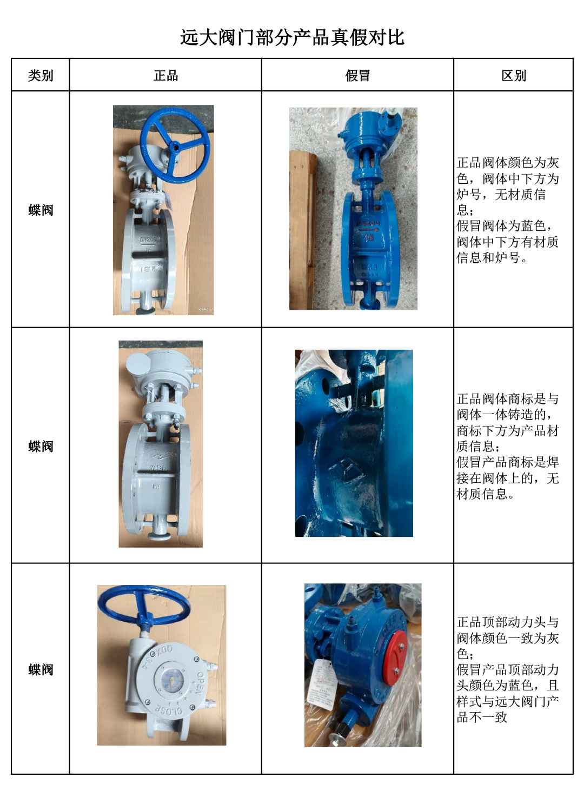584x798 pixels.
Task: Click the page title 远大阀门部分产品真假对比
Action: click(x=292, y=37)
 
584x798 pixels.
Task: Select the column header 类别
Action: click(x=40, y=76)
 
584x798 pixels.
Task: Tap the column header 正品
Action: click(x=165, y=76)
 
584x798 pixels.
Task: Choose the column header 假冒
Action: click(x=357, y=76)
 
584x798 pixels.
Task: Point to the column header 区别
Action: click(x=514, y=76)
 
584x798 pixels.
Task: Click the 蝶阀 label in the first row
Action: click(x=41, y=210)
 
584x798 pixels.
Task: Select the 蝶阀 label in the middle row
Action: click(x=41, y=446)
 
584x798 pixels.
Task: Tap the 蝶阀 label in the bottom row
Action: click(x=41, y=670)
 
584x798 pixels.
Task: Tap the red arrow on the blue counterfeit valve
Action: click(x=368, y=230)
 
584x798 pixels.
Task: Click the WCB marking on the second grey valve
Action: click(x=158, y=467)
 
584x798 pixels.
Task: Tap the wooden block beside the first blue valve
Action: click(x=303, y=230)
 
